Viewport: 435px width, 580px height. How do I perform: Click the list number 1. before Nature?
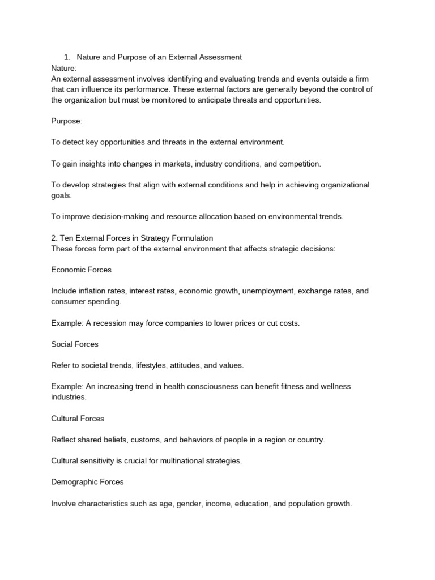[x=67, y=57]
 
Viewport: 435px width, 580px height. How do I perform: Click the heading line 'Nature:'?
[x=63, y=68]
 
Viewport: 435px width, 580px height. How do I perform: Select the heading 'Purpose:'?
[x=67, y=121]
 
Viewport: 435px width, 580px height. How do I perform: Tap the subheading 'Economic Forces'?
[x=81, y=270]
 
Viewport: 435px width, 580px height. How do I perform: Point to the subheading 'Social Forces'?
[x=75, y=344]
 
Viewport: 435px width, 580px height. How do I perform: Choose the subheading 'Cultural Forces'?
[x=78, y=419]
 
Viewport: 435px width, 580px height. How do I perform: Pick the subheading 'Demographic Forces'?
[x=87, y=482]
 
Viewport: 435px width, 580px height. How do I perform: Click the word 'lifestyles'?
[x=152, y=365]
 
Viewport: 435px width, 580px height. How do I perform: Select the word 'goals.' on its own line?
[x=61, y=195]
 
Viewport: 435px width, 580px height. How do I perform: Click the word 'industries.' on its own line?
[x=69, y=397]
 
